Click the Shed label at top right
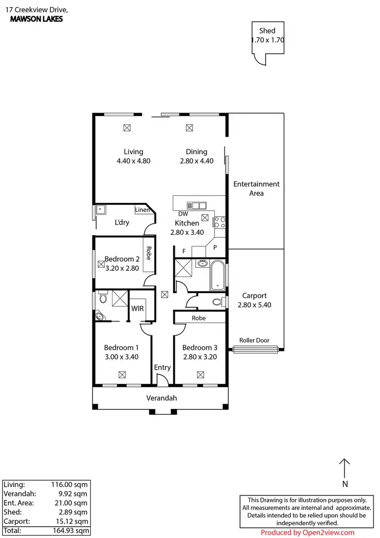point(267,30)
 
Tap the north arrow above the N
point(345,468)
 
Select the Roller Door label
point(255,341)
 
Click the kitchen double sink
point(196,205)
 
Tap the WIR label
point(138,308)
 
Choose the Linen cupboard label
point(142,210)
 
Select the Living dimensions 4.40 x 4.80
point(134,161)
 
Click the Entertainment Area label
point(256,189)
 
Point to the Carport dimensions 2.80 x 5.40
point(254,305)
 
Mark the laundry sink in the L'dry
point(101,208)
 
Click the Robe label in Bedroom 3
point(199,318)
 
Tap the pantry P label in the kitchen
point(215,248)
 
